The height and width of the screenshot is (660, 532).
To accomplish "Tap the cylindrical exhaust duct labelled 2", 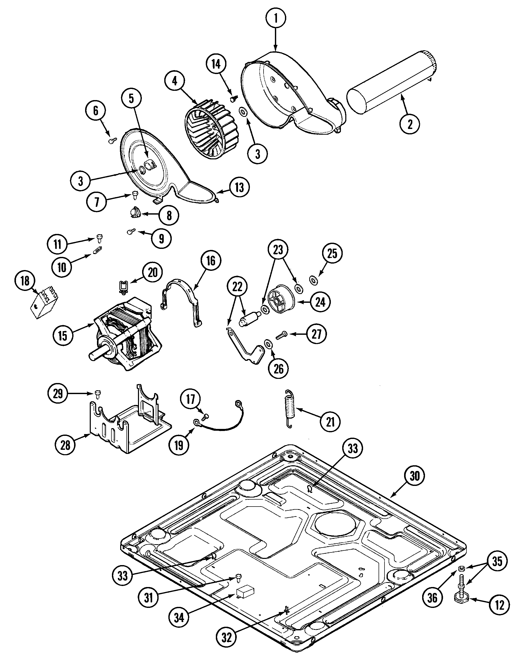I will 392,83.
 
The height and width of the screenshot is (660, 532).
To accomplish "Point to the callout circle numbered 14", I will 216,64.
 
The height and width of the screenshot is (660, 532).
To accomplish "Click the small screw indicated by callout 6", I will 112,140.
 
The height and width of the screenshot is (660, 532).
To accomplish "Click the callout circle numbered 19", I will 179,445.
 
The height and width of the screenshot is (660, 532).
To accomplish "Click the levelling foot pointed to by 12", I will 461,598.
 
